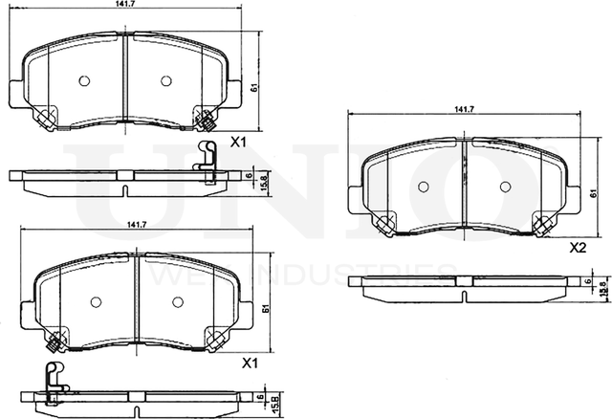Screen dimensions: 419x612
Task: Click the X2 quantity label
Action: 577,248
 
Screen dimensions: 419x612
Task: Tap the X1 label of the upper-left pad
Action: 239,142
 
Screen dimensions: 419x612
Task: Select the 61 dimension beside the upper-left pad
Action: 254,87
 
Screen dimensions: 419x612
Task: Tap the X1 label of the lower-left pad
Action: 251,364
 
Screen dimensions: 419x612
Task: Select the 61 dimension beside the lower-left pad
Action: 264,306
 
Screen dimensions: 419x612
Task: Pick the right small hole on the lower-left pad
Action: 178,301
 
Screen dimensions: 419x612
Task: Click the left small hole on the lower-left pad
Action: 95,301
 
